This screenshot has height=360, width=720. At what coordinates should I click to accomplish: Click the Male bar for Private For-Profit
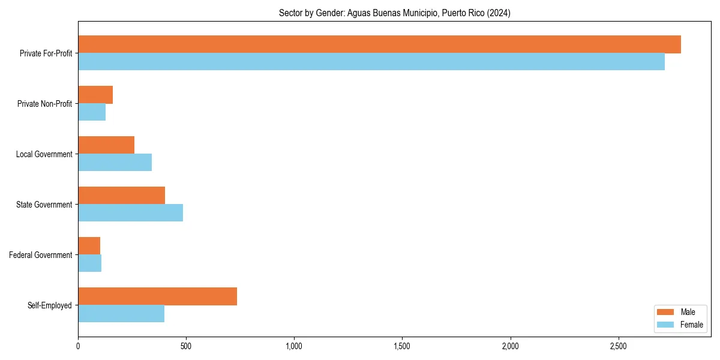click(x=379, y=44)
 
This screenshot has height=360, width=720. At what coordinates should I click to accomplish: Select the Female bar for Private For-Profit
click(x=371, y=62)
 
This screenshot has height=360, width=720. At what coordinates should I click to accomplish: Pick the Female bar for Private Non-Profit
click(x=92, y=112)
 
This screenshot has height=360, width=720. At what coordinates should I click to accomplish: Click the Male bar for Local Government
click(x=106, y=145)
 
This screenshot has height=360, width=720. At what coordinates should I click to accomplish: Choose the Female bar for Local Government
click(x=115, y=163)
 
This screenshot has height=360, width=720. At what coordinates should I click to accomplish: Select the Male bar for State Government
click(x=121, y=196)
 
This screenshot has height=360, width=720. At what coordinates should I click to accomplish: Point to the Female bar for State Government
click(x=130, y=213)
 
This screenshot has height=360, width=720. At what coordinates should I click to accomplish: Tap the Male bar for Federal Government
click(x=89, y=246)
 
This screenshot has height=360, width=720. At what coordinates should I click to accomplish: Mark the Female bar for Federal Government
click(x=89, y=263)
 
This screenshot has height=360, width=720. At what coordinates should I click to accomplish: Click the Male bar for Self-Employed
click(x=157, y=296)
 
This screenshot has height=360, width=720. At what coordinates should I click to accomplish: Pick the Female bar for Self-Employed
click(x=121, y=314)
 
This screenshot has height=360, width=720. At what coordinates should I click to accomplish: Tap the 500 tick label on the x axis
click(x=186, y=347)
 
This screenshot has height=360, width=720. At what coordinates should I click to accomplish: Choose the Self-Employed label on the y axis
click(x=50, y=305)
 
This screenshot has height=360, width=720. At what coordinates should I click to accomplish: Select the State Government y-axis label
click(x=44, y=205)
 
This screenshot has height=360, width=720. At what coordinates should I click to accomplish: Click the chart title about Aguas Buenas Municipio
click(x=394, y=13)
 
